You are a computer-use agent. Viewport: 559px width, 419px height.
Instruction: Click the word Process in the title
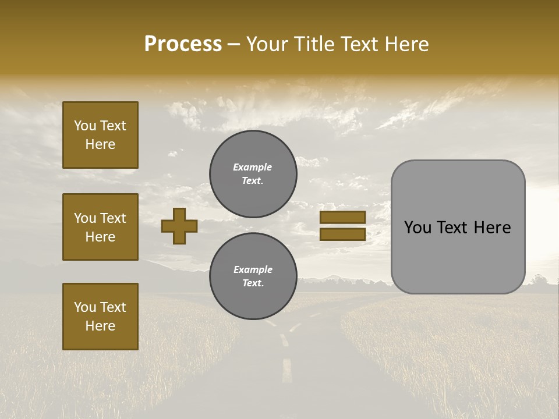pos(183,44)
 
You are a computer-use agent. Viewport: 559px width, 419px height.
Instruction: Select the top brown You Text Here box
pos(100,135)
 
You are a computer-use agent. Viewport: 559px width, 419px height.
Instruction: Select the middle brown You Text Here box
pos(100,227)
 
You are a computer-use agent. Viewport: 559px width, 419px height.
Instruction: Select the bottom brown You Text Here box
pos(100,317)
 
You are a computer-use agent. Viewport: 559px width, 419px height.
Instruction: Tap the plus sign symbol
pos(179,226)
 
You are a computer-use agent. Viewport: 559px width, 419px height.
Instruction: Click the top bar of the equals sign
pos(342,217)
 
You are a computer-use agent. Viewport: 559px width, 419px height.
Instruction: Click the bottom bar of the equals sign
pos(342,234)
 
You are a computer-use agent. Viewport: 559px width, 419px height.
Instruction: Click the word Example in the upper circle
pos(253,167)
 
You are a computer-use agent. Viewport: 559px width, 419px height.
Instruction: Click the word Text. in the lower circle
pos(253,283)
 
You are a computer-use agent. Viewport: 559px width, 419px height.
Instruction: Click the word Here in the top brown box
pos(100,144)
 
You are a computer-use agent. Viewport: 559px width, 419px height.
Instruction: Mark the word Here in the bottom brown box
pos(100,326)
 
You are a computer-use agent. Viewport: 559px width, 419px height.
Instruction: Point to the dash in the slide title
pos(234,44)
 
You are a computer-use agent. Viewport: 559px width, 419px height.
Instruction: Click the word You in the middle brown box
pos(85,218)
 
